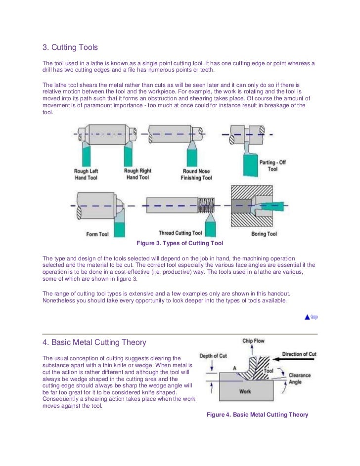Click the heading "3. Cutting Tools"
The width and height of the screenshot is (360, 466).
point(70,48)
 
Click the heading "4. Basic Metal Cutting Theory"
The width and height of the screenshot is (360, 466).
point(94,342)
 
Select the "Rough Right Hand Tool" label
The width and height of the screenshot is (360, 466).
point(137,174)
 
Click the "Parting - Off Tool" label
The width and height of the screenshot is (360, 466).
point(272,165)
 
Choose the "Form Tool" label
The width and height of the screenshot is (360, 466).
point(97,234)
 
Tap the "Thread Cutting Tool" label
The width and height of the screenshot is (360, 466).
point(180,233)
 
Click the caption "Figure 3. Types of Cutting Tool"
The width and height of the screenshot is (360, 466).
point(180,243)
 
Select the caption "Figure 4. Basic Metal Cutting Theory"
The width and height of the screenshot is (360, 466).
point(257,415)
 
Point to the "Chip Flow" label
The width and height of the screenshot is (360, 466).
point(254,341)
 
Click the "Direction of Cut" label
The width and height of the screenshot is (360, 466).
point(299,354)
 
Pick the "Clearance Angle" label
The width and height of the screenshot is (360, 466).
point(300,379)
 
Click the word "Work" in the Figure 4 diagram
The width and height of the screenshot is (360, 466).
point(245,391)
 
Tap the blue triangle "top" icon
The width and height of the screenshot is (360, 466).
point(307,317)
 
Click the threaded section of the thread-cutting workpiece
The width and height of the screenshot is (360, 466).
point(206,204)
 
